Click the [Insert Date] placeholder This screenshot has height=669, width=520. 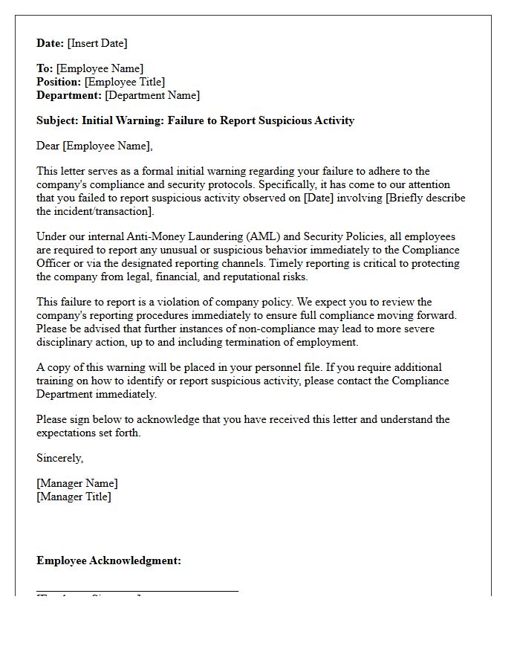pyautogui.click(x=97, y=43)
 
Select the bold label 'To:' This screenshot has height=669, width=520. pyautogui.click(x=45, y=68)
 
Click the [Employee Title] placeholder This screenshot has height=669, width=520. pyautogui.click(x=125, y=82)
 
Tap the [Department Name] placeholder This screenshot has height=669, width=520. pyautogui.click(x=152, y=95)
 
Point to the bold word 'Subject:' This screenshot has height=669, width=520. pyautogui.click(x=57, y=120)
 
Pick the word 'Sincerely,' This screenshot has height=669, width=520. pyautogui.click(x=60, y=458)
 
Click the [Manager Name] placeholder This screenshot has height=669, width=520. pyautogui.click(x=77, y=483)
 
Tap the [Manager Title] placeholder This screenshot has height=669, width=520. pyautogui.click(x=74, y=497)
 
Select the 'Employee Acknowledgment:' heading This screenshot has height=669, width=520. pyautogui.click(x=108, y=560)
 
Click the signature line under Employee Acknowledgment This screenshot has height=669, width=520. pyautogui.click(x=137, y=591)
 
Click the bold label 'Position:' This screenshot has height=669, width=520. pyautogui.click(x=59, y=82)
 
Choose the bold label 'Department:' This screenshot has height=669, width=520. pyautogui.click(x=69, y=95)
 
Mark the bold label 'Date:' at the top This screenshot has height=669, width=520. pyautogui.click(x=51, y=43)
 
